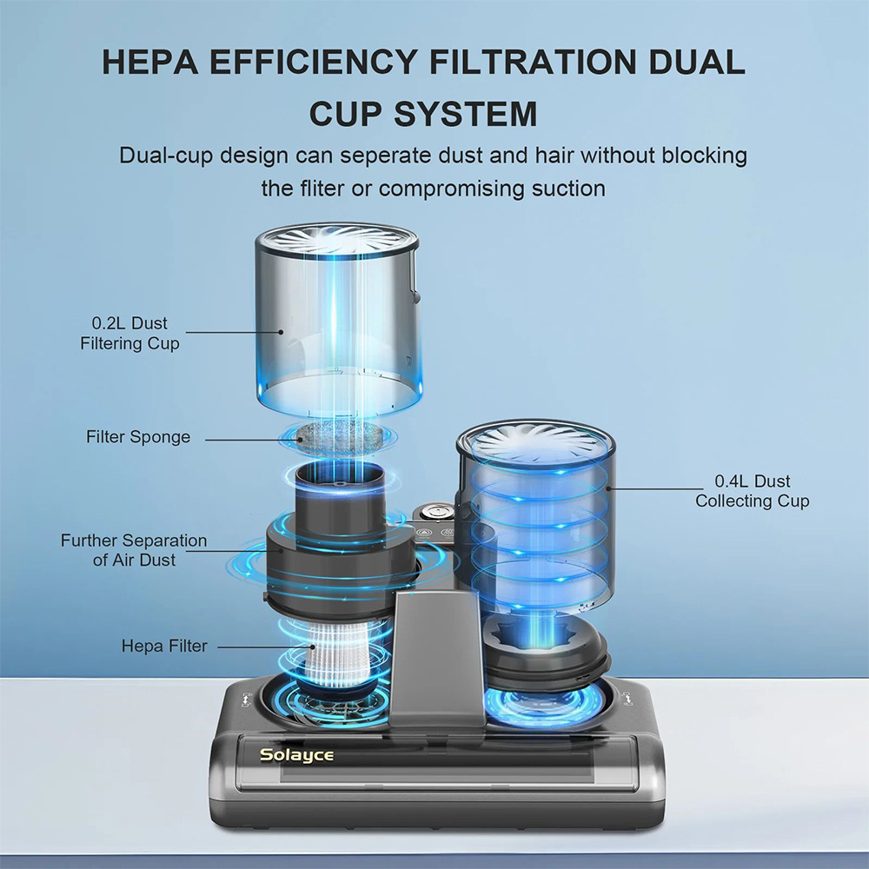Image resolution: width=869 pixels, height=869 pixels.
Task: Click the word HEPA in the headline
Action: tap(150, 62)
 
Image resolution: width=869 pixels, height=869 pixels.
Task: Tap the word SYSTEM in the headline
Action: tap(465, 114)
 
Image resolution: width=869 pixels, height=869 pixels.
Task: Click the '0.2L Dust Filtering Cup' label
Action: tap(129, 333)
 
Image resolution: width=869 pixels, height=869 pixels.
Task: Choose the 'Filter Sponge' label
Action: tap(138, 437)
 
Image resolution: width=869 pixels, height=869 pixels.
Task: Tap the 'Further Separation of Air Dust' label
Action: tap(134, 550)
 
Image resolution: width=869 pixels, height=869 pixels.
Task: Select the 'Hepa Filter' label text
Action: tap(164, 646)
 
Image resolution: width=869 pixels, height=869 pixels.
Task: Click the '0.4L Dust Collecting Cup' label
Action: tap(752, 490)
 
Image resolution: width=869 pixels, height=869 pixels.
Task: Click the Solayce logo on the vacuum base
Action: tap(297, 755)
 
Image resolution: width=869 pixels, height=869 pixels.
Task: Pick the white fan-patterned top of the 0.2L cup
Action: tap(335, 239)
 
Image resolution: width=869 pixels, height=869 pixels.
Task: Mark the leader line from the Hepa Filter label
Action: tap(265, 647)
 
